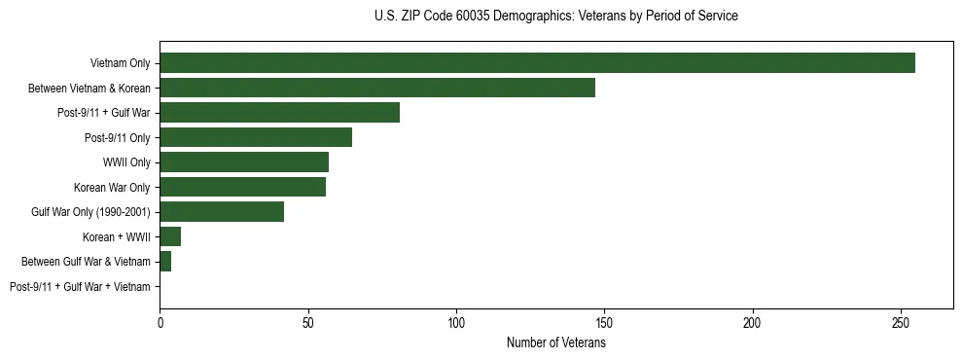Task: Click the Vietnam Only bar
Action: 537,63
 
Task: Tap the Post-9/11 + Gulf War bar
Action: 279,113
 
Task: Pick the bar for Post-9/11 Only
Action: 256,137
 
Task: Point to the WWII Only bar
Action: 244,162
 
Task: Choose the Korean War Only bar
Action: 242,187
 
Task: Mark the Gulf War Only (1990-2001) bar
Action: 222,212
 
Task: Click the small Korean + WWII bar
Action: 170,236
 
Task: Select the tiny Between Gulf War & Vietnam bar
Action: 165,262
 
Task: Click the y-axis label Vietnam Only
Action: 120,63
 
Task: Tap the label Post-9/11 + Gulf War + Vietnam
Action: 80,287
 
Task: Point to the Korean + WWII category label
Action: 118,236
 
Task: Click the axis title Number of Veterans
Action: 555,342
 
